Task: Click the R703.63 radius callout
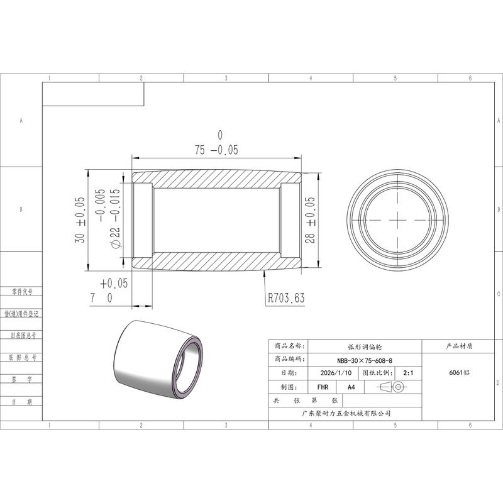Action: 286,298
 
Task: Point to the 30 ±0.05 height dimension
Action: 80,219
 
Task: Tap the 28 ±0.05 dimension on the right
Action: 310,219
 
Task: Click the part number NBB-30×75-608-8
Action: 365,360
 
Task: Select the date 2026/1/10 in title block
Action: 336,373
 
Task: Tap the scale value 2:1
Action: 408,373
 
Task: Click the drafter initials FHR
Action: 323,387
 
